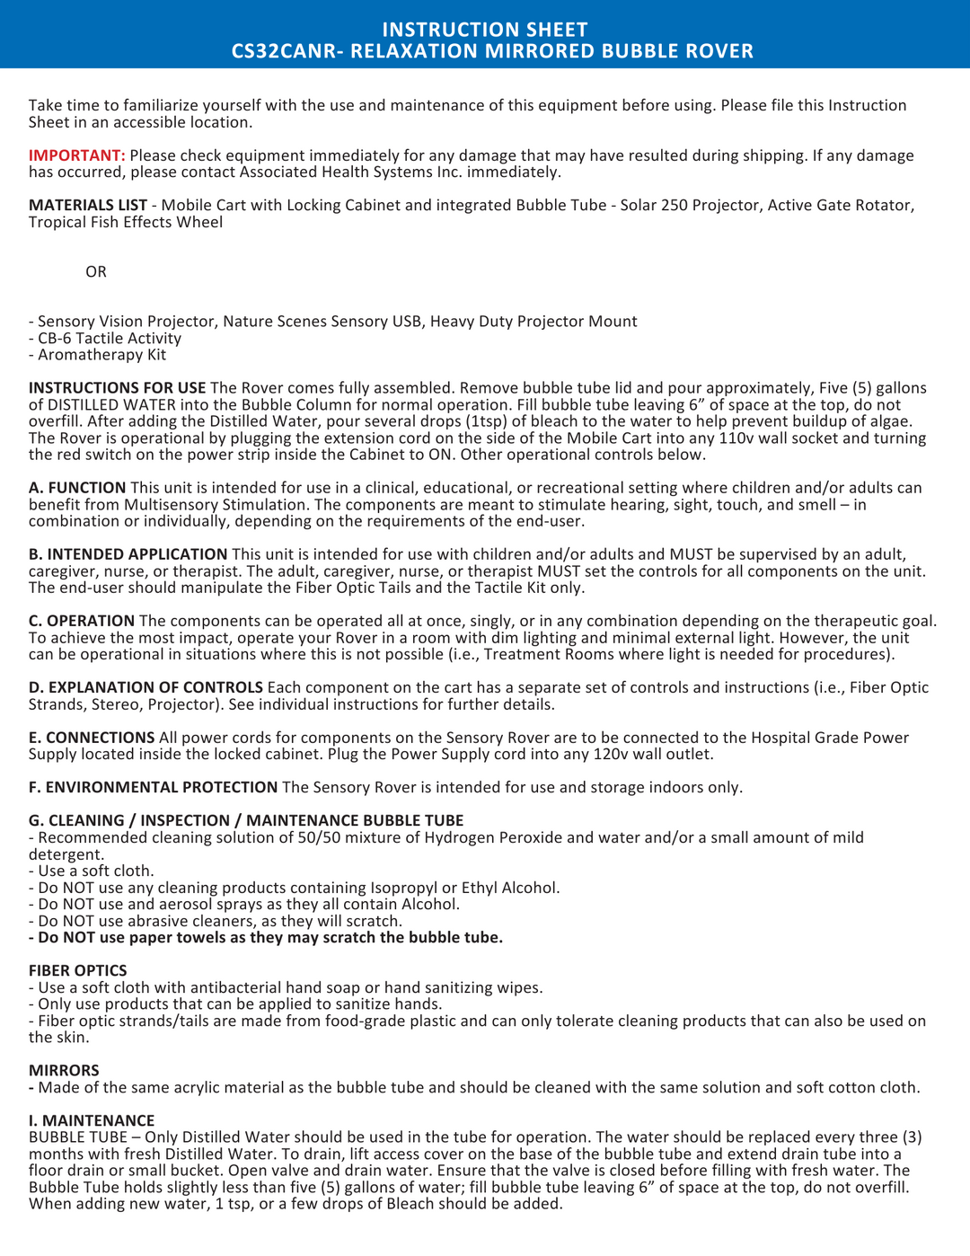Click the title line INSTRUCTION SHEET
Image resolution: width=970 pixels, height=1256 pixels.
click(484, 30)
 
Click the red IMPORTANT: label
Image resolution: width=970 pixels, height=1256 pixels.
click(76, 155)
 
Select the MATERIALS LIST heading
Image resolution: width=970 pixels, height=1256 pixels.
click(87, 205)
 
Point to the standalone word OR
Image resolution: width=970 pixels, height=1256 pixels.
click(96, 271)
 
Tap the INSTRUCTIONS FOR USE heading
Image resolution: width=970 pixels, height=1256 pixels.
click(117, 388)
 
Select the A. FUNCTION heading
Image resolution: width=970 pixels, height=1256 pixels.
click(77, 488)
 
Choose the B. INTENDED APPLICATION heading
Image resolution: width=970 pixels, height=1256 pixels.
click(128, 554)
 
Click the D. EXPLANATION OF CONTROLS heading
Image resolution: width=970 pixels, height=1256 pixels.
click(145, 687)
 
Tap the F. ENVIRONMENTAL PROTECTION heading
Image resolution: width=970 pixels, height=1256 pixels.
click(153, 787)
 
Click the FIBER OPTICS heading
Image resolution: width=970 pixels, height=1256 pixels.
click(77, 970)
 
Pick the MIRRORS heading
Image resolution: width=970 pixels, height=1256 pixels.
click(64, 1070)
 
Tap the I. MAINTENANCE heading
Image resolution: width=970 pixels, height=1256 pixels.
click(91, 1120)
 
